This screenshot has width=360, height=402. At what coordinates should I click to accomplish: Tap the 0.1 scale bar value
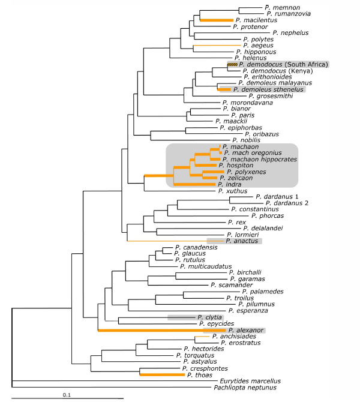click(x=68, y=395)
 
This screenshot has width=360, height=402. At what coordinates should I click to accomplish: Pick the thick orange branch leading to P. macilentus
click(x=215, y=20)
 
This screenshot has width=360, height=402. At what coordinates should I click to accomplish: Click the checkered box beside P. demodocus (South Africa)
click(x=232, y=64)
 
